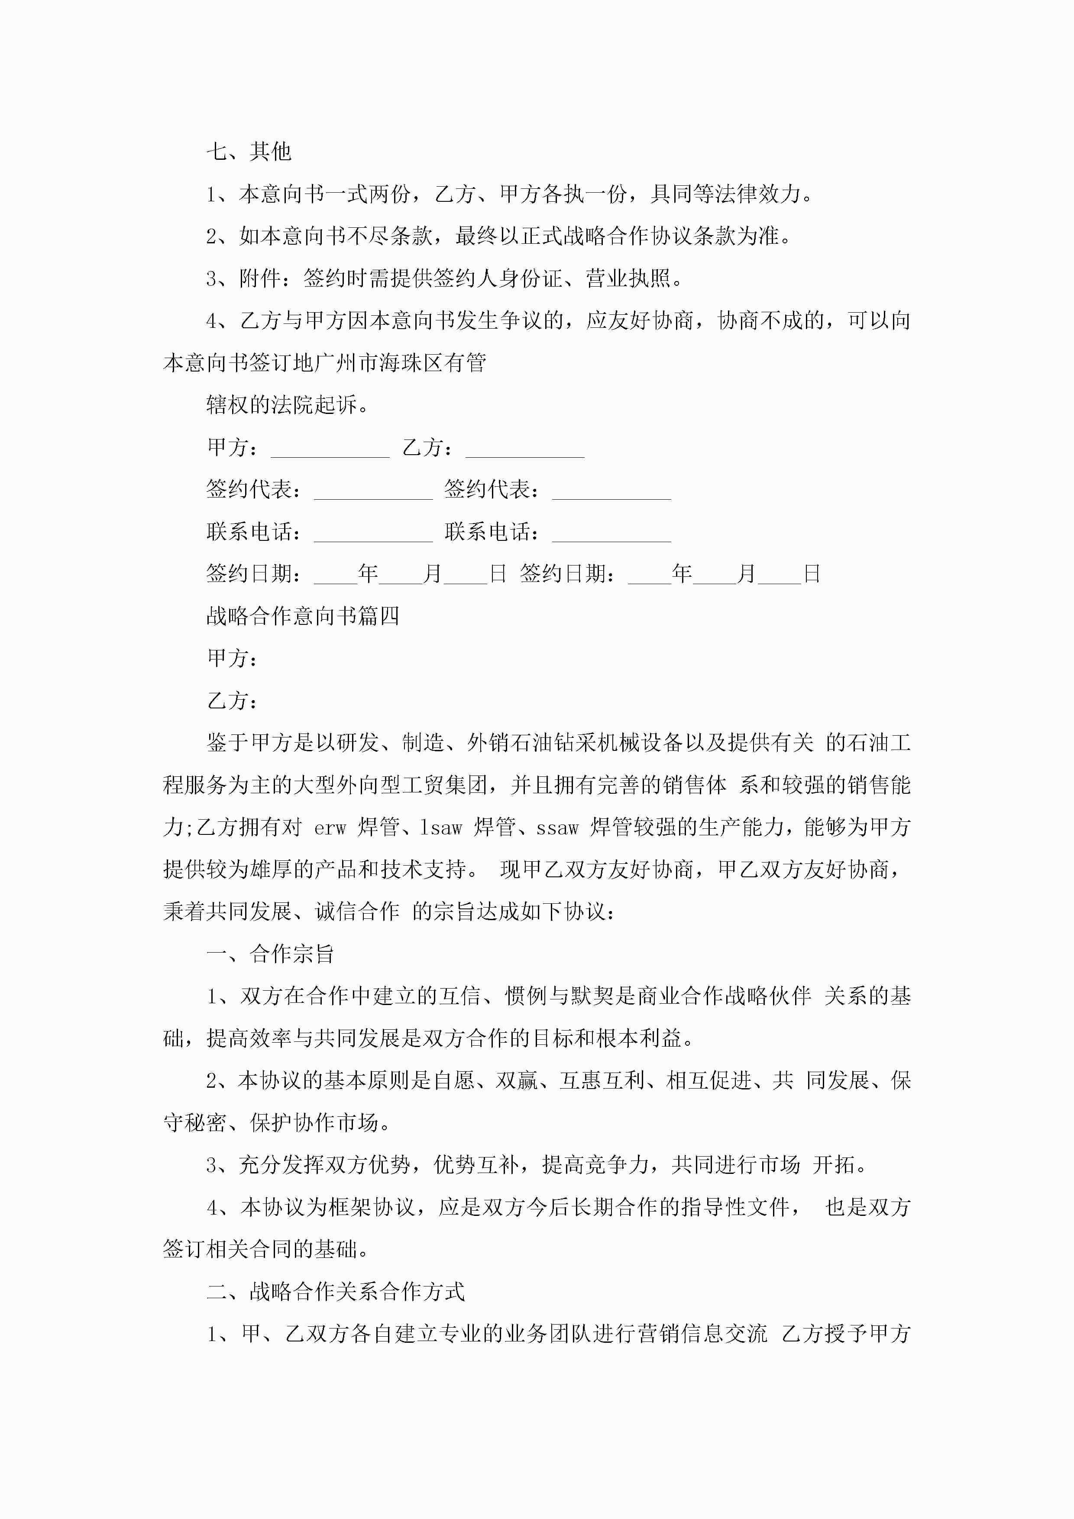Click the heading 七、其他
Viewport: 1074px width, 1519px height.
[249, 152]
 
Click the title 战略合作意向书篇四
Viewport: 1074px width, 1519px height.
[302, 616]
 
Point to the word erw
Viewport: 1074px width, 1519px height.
[330, 827]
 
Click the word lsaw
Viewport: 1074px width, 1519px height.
[441, 827]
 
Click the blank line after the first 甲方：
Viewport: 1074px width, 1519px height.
[330, 450]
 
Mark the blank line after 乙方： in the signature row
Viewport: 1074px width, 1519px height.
[525, 450]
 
